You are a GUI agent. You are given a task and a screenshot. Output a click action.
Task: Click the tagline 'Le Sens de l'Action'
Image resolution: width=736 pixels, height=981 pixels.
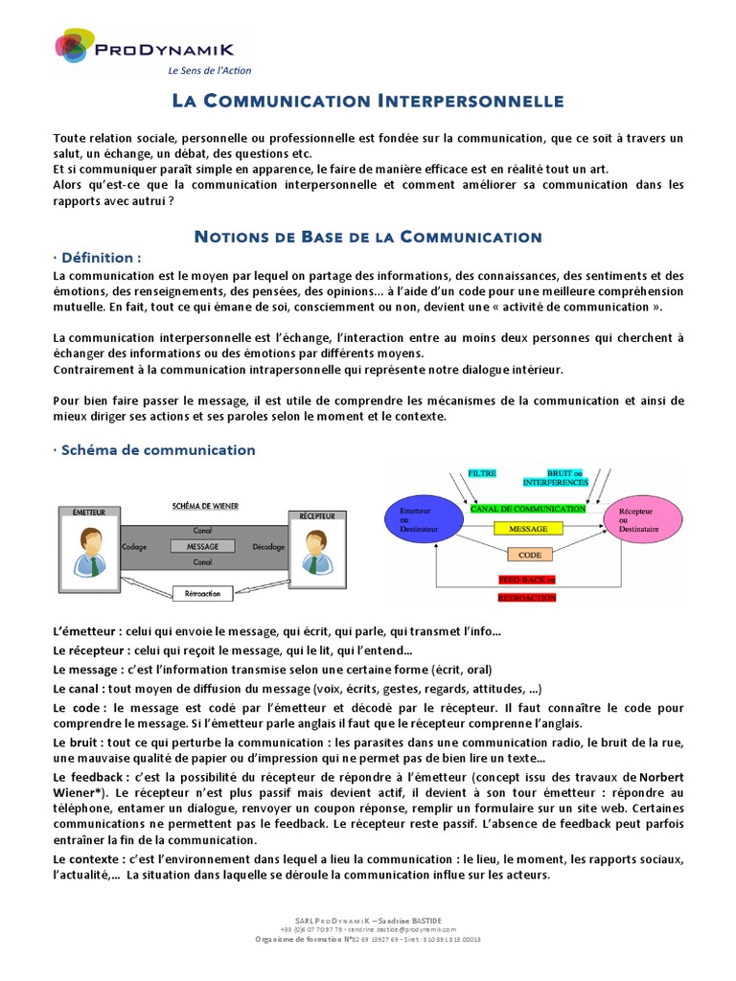210,71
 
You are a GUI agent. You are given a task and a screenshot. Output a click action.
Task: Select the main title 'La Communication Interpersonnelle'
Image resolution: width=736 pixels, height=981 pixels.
367,101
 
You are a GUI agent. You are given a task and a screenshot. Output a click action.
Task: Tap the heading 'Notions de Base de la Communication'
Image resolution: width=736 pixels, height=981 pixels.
368,237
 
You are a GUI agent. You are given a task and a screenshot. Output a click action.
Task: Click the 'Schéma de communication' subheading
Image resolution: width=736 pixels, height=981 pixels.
154,450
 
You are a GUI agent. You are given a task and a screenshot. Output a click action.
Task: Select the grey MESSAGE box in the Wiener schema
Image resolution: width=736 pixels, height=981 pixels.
202,546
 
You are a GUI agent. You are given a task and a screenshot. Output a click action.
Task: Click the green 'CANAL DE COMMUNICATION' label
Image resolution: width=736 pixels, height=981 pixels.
527,509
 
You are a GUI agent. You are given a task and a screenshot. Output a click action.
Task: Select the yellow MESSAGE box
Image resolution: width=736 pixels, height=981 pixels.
528,528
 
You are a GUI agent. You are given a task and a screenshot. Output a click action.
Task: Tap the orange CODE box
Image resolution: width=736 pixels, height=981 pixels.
529,555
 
